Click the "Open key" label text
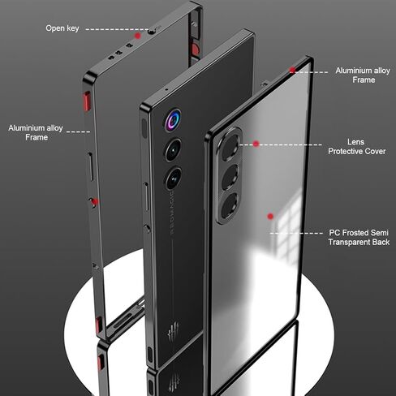click(62, 28)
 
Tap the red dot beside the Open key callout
click(138, 36)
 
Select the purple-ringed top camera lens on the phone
click(173, 120)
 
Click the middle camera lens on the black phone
click(174, 150)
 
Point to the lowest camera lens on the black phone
click(174, 179)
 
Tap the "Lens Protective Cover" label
click(356, 147)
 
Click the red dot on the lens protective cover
click(256, 144)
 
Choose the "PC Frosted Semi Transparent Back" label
click(359, 237)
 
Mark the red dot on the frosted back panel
click(270, 216)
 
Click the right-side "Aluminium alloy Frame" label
click(363, 75)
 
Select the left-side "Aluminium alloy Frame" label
click(36, 132)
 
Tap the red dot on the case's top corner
click(292, 70)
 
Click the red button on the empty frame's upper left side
click(87, 101)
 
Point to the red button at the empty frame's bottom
click(99, 325)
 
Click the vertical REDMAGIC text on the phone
click(171, 213)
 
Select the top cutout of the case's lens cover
click(230, 148)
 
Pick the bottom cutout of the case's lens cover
click(230, 205)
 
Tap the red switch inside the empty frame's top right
click(195, 49)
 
